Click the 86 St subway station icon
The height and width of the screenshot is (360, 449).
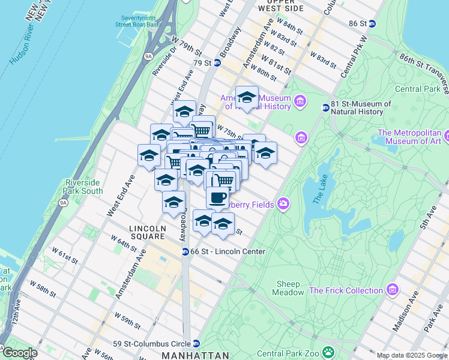pyautogui.click(x=372, y=23)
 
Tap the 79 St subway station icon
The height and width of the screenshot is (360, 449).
pyautogui.click(x=217, y=62)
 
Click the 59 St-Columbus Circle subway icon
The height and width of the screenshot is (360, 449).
pyautogui.click(x=196, y=344)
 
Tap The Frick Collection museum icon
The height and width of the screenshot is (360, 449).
pyautogui.click(x=393, y=290)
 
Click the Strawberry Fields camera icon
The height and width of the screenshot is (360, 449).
pyautogui.click(x=283, y=205)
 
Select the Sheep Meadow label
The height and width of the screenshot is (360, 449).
pyautogui.click(x=290, y=288)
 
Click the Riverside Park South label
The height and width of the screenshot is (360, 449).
pyautogui.click(x=84, y=187)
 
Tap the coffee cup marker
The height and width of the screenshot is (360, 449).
pyautogui.click(x=217, y=197)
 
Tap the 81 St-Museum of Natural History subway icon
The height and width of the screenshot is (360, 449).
pyautogui.click(x=325, y=108)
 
